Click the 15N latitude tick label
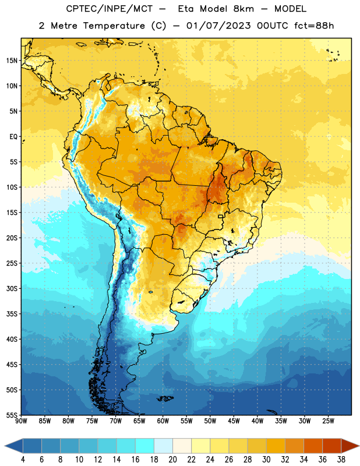tap(12, 61)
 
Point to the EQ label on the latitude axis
tap(13, 137)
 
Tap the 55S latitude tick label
tap(12, 415)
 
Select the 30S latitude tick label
tap(12, 288)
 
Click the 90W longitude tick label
tap(21, 421)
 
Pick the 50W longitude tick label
tap(210, 421)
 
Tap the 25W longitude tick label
tap(328, 421)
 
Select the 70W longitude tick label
tap(116, 421)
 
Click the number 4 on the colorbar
tap(23, 460)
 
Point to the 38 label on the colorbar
tap(341, 460)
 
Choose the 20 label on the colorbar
tap(172, 460)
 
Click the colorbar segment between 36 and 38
tap(332, 446)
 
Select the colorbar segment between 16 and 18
tap(144, 446)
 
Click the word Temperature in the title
tap(114, 26)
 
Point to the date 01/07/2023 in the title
tap(218, 26)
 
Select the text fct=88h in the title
tap(314, 26)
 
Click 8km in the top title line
tap(243, 9)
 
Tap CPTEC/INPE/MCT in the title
tap(109, 9)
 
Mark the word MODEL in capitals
tap(290, 9)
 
